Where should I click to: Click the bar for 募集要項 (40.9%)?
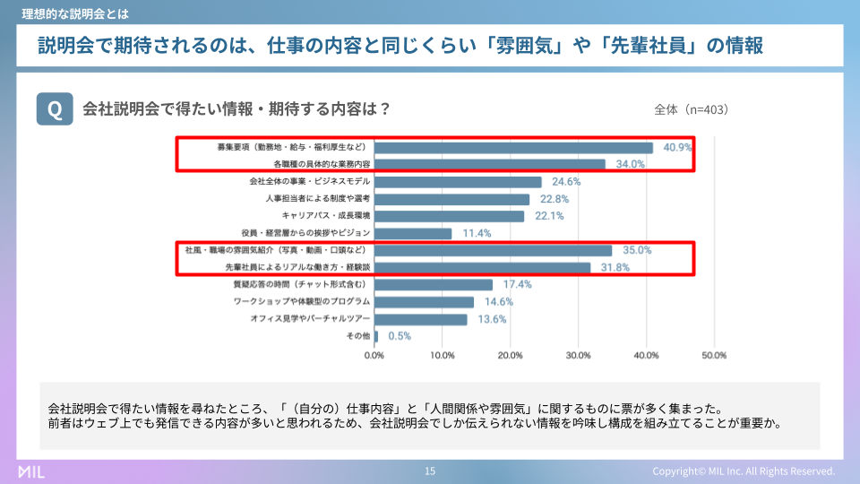(x=513, y=148)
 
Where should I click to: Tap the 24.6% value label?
(x=566, y=182)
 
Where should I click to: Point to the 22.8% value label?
(x=555, y=199)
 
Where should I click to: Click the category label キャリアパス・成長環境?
(x=326, y=216)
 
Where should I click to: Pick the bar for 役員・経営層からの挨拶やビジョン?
(x=413, y=233)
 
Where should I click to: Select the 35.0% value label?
(x=637, y=251)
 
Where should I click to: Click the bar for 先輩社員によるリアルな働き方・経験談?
(x=482, y=267)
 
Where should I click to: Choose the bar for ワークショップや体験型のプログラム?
(x=424, y=302)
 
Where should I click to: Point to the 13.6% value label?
(x=493, y=319)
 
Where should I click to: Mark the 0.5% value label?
(x=399, y=336)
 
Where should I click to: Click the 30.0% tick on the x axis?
(x=578, y=356)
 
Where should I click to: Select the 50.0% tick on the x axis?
(x=714, y=356)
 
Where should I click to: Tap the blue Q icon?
(x=55, y=109)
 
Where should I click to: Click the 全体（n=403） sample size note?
(x=692, y=110)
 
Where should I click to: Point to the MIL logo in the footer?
(x=31, y=471)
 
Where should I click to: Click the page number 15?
(x=430, y=471)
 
